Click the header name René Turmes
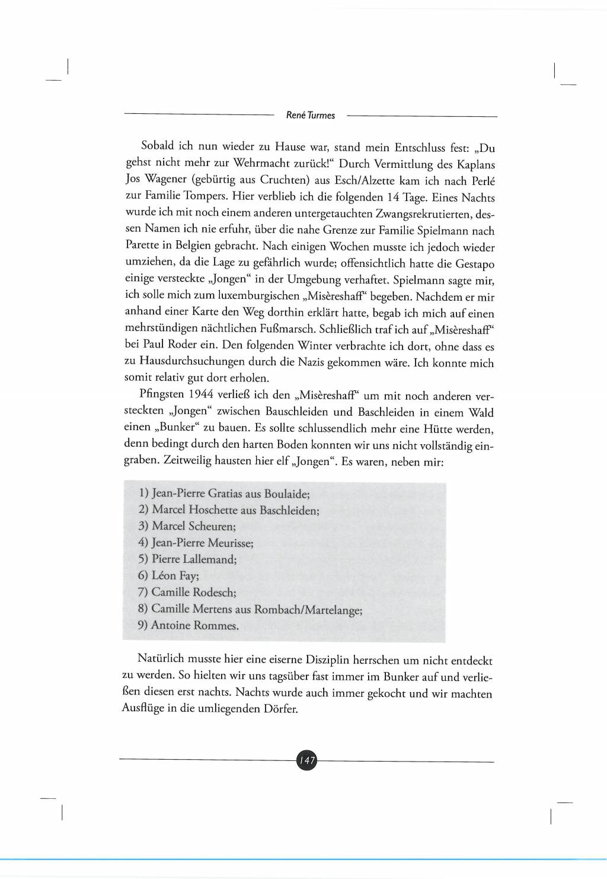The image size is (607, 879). point(310,116)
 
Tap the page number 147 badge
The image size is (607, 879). point(306,760)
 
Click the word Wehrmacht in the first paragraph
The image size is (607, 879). point(264,163)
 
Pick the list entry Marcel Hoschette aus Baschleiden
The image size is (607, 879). point(235,510)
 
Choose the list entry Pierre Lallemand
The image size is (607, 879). point(194,559)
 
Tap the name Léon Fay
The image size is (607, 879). point(175,575)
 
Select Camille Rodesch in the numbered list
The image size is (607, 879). point(193,592)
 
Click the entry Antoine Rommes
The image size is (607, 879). point(194,625)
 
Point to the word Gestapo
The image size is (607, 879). point(474,264)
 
